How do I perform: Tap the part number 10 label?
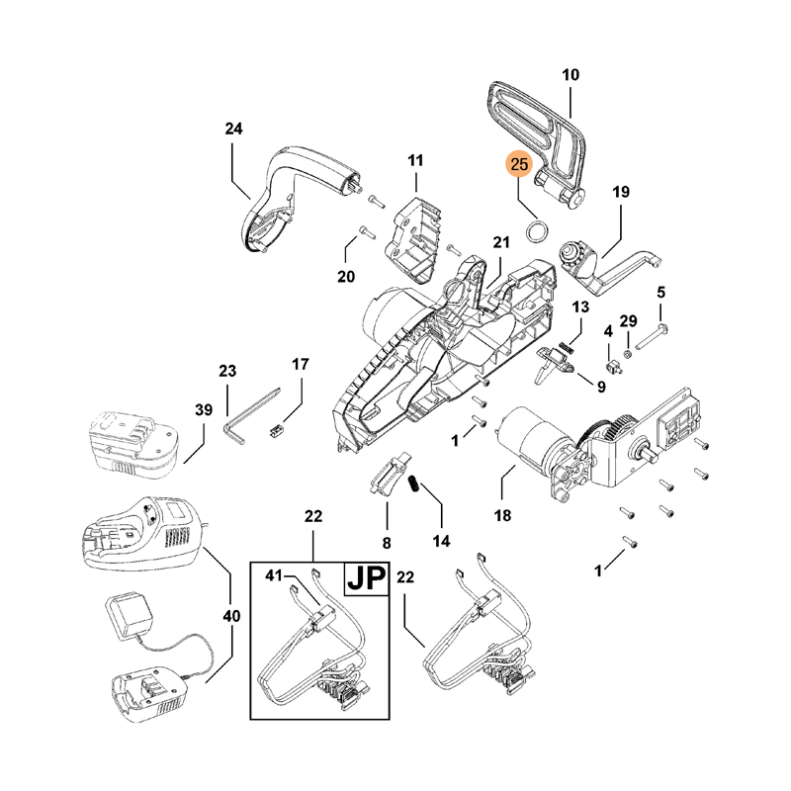571,75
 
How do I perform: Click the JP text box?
364,577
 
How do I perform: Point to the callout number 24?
233,129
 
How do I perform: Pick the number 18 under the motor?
502,515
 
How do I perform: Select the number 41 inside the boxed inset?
274,574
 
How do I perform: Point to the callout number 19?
620,192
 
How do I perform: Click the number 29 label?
629,322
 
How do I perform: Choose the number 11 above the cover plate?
415,160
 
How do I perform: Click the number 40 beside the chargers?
231,616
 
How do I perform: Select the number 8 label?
387,542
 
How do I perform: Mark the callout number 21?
500,243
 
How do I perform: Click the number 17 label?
300,364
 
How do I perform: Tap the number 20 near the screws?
345,277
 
